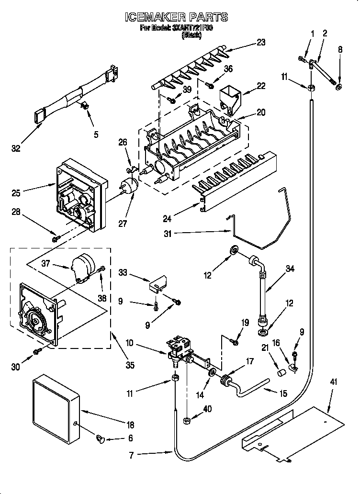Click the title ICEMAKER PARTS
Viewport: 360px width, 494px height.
point(176,17)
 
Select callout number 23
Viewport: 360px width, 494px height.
point(260,42)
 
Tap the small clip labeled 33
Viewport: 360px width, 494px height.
point(157,284)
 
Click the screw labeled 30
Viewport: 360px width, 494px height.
point(36,353)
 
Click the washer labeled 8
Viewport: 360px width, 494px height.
point(339,87)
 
